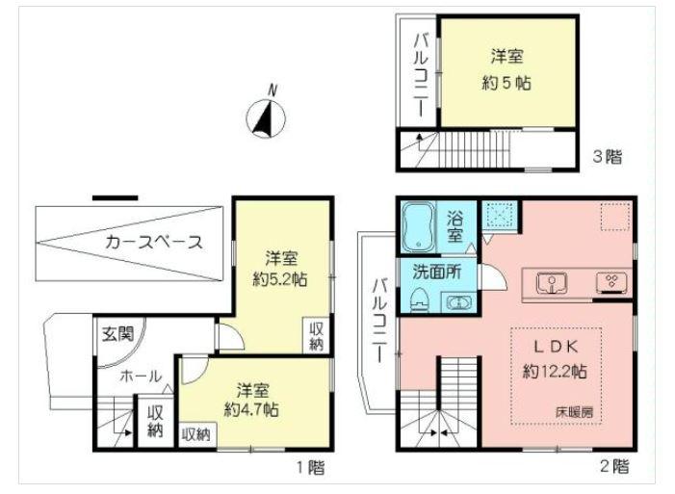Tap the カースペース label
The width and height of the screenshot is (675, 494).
coord(154,242)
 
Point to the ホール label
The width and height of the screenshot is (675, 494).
coord(141,377)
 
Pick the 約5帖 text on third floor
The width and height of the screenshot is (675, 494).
coord(504,83)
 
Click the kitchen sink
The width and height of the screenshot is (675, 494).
coord(551,283)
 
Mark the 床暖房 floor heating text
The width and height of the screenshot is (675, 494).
coord(574,412)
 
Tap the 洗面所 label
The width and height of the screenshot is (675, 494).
coord(438,273)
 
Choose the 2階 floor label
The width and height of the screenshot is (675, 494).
coord(614,468)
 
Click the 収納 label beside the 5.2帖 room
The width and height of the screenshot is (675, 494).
coord(317,335)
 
